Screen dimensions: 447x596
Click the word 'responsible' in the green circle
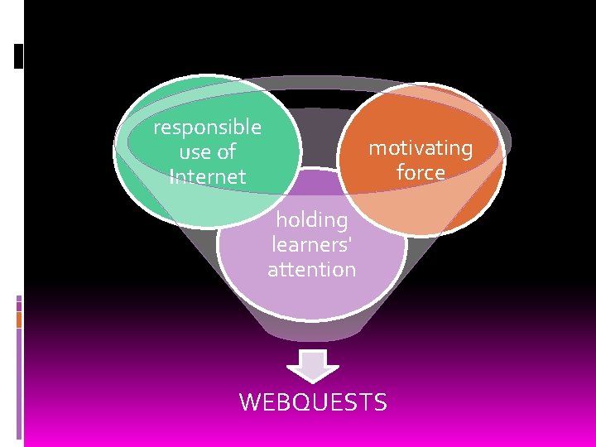click(207, 127)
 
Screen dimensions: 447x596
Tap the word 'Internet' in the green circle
click(207, 177)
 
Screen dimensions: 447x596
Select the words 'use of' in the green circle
click(207, 152)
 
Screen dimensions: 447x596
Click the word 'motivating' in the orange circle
click(421, 148)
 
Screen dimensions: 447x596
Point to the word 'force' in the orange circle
click(421, 172)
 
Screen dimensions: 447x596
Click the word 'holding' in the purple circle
click(311, 220)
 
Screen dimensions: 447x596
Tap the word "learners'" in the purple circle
click(311, 245)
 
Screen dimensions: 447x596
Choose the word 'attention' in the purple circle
click(311, 269)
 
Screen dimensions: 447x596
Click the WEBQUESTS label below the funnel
click(312, 402)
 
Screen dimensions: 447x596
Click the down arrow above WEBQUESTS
click(312, 365)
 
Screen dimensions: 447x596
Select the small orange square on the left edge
click(18, 319)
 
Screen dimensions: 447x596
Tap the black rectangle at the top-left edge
click(19, 56)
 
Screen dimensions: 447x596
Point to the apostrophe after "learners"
click(349, 241)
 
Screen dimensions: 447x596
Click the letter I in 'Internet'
click(171, 177)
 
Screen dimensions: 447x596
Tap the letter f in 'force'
click(400, 172)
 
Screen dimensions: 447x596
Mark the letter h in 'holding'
click(281, 220)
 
